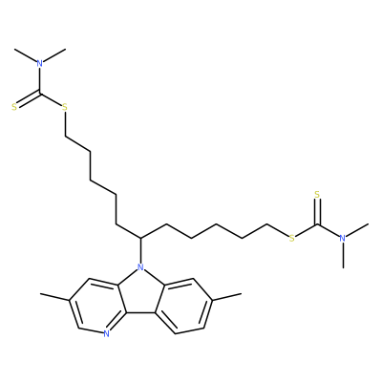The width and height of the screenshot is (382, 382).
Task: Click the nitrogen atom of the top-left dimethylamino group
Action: point(39,63)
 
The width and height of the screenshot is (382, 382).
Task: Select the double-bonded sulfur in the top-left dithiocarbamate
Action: point(14,107)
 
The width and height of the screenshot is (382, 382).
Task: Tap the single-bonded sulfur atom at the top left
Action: point(65,107)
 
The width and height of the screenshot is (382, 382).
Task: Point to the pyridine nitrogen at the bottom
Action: point(106,333)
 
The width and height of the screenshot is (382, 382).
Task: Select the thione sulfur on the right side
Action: point(317,194)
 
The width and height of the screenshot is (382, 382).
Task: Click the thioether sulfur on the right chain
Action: point(291,238)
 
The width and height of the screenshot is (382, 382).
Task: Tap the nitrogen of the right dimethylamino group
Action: point(343,238)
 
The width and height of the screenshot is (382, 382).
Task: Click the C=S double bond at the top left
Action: point(28,99)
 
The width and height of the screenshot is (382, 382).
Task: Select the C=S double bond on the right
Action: point(317,212)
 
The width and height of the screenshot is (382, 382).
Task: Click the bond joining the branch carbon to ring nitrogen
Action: point(140,250)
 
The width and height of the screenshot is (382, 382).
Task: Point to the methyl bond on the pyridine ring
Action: point(55,297)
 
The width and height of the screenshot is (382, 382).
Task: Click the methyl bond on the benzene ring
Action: point(226,297)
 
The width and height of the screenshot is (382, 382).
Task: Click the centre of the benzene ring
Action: point(183,307)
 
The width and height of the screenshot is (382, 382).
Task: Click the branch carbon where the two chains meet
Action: point(140,238)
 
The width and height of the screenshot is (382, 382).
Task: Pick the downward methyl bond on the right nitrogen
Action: point(343,255)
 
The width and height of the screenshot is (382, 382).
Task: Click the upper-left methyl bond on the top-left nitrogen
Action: point(26,55)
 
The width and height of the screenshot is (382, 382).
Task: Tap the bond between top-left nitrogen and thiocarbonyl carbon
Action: point(39,80)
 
